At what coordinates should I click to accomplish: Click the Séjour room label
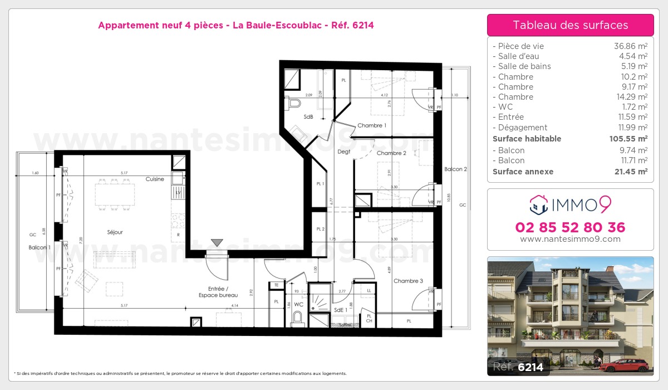115,232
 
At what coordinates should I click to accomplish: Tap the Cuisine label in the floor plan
155,179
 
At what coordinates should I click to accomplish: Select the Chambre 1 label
372,125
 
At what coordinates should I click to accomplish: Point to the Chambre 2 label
391,153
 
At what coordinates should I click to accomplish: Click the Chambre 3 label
408,281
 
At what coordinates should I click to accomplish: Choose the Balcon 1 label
40,247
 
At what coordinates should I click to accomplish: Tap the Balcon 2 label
455,169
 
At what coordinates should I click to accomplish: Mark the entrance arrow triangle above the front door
217,243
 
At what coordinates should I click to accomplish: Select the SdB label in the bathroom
308,117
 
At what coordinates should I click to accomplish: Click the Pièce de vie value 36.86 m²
630,46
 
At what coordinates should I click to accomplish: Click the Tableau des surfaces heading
570,25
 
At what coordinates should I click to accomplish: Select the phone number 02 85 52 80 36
570,227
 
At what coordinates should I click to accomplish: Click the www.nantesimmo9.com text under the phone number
570,239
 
